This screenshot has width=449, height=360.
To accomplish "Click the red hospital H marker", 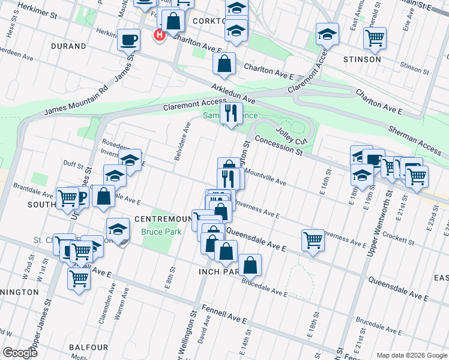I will click(x=160, y=35).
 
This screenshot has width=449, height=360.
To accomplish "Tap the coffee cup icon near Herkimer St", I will click(x=129, y=41).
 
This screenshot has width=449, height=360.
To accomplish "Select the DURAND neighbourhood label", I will click(x=69, y=44).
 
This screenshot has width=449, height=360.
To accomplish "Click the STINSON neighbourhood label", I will click(x=362, y=59).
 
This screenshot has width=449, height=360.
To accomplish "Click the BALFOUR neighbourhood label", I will click(x=88, y=347).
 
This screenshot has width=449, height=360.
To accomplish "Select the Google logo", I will click(x=20, y=352).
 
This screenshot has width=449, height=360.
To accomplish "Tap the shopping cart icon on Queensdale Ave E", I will click(x=313, y=239).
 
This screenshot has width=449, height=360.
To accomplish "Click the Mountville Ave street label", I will click(x=264, y=176).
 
